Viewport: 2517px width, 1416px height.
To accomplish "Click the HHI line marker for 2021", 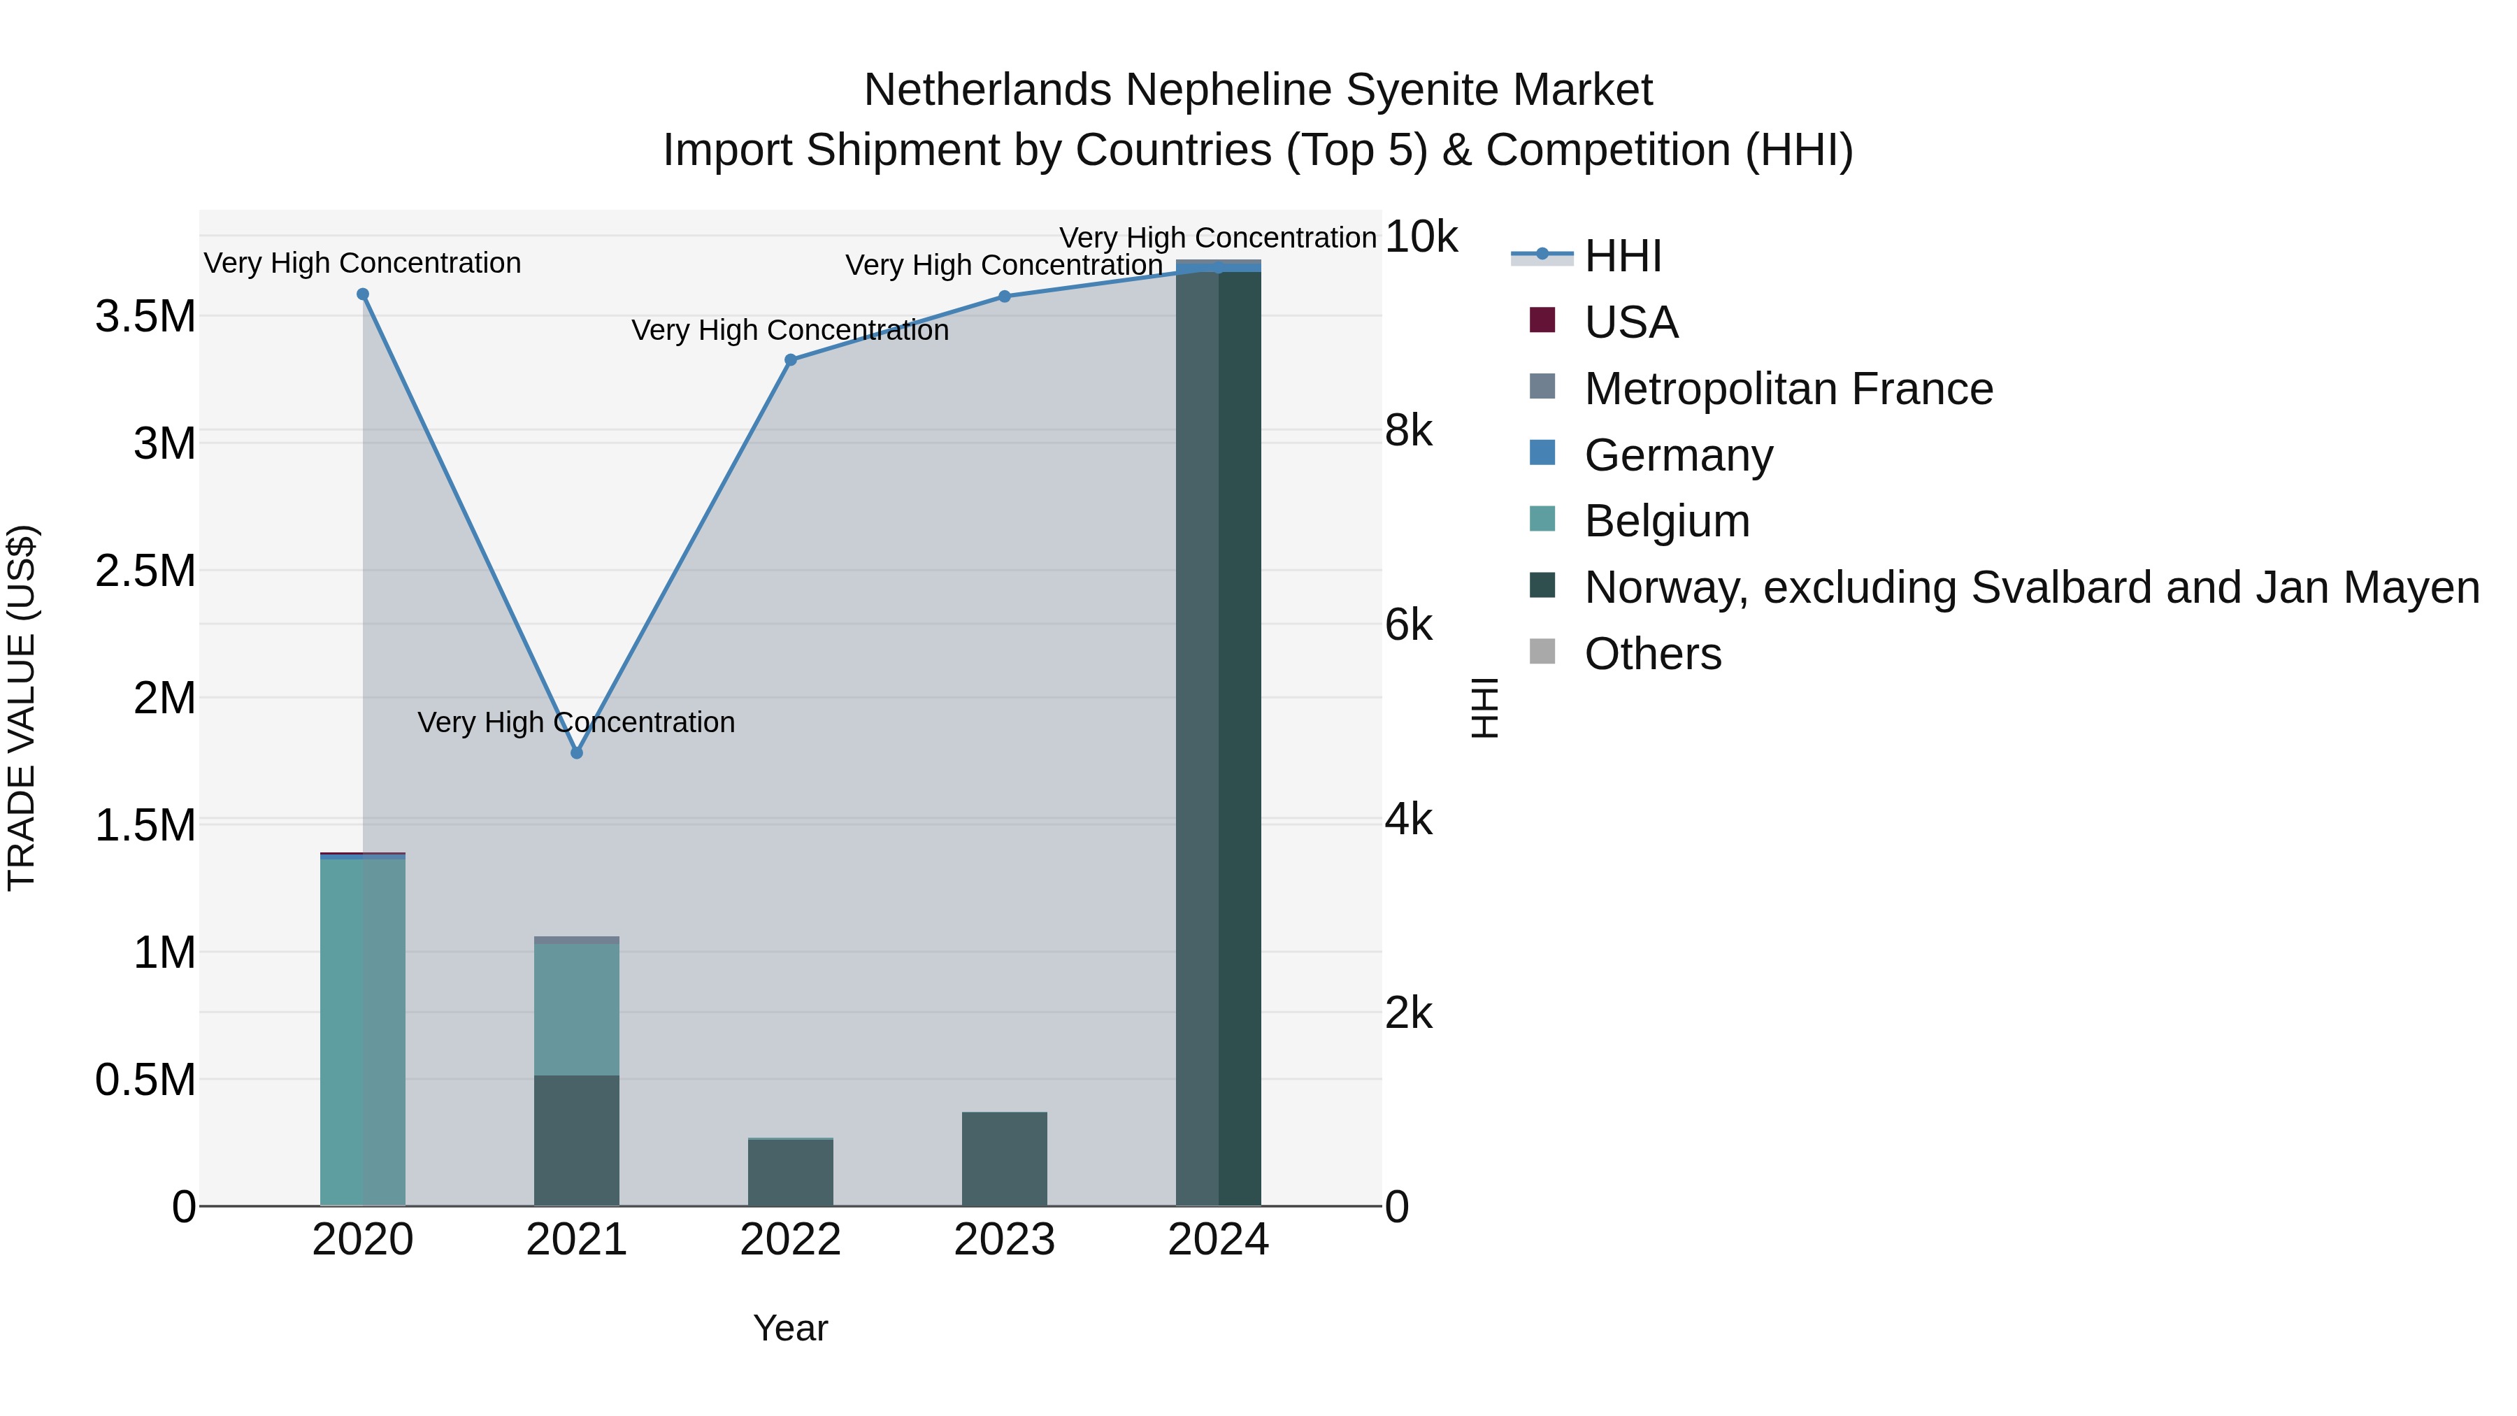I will (x=577, y=753).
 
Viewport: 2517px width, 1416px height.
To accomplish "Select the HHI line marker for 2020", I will (x=362, y=294).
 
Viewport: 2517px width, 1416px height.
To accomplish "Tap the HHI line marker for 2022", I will (x=791, y=359).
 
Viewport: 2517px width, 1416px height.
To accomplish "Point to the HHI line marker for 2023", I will (x=1005, y=296).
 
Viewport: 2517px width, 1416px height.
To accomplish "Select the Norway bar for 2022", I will (x=791, y=1173).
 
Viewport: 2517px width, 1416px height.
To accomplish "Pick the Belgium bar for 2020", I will (x=362, y=1031).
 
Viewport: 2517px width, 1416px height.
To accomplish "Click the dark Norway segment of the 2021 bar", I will (x=577, y=1140).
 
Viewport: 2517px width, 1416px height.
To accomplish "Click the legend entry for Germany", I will (x=1678, y=455).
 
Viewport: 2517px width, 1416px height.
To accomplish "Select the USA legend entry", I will (x=1630, y=322).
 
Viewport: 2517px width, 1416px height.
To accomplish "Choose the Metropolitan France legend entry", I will (x=1787, y=389).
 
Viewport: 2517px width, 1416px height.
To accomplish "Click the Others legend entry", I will (x=1652, y=654).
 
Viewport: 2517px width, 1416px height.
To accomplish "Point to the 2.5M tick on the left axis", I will (x=145, y=571).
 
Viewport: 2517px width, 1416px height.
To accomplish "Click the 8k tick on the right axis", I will (x=1408, y=431).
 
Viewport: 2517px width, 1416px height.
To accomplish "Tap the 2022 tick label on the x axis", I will (x=791, y=1240).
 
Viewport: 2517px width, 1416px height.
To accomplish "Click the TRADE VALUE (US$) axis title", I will (x=22, y=708).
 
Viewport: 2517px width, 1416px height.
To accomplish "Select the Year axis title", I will (x=791, y=1328).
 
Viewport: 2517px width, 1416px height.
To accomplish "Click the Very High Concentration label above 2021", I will (x=577, y=722).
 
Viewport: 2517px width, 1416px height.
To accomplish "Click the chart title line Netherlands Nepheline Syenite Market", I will (x=1258, y=90).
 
